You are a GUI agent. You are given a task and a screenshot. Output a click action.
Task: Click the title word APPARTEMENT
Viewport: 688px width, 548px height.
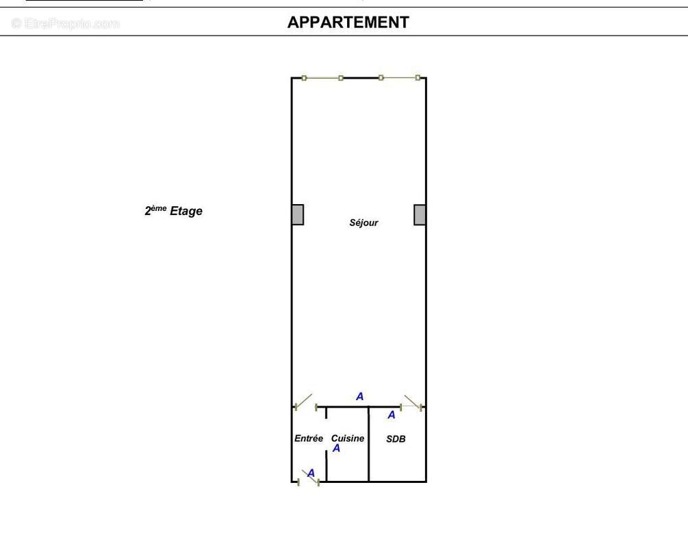[348, 23]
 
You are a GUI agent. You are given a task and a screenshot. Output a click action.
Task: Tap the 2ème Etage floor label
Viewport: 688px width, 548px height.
[173, 211]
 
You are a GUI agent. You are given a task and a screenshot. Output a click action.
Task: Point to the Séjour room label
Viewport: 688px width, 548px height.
[364, 223]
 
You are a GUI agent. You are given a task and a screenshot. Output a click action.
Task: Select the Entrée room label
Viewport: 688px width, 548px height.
[308, 438]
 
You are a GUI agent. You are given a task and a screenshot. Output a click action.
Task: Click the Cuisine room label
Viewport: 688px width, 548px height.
[348, 438]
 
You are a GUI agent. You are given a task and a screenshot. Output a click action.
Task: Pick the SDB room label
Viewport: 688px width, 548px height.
[396, 439]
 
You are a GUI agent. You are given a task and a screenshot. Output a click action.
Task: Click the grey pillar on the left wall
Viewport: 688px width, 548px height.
[297, 214]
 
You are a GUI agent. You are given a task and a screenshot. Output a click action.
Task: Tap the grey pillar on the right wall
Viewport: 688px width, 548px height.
[420, 214]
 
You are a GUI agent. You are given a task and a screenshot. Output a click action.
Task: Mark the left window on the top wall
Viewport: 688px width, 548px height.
[322, 78]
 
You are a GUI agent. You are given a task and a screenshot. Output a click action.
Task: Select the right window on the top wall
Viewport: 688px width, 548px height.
[399, 78]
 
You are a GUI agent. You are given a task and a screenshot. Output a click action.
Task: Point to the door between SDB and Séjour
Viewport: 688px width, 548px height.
[411, 403]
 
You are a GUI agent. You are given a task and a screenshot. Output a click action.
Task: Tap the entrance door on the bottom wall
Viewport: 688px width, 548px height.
[309, 479]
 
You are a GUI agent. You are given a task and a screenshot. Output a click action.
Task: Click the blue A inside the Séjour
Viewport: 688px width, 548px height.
[359, 397]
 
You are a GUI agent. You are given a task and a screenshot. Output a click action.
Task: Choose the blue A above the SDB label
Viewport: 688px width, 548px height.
[392, 415]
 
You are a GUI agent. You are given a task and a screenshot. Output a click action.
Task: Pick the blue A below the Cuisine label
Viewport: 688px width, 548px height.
[336, 449]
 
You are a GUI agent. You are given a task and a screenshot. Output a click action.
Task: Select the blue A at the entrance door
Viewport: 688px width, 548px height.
[311, 473]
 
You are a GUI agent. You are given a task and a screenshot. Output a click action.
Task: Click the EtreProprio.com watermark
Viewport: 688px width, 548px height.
[65, 24]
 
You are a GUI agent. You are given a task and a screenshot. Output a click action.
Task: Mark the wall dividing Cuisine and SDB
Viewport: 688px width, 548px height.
[368, 445]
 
